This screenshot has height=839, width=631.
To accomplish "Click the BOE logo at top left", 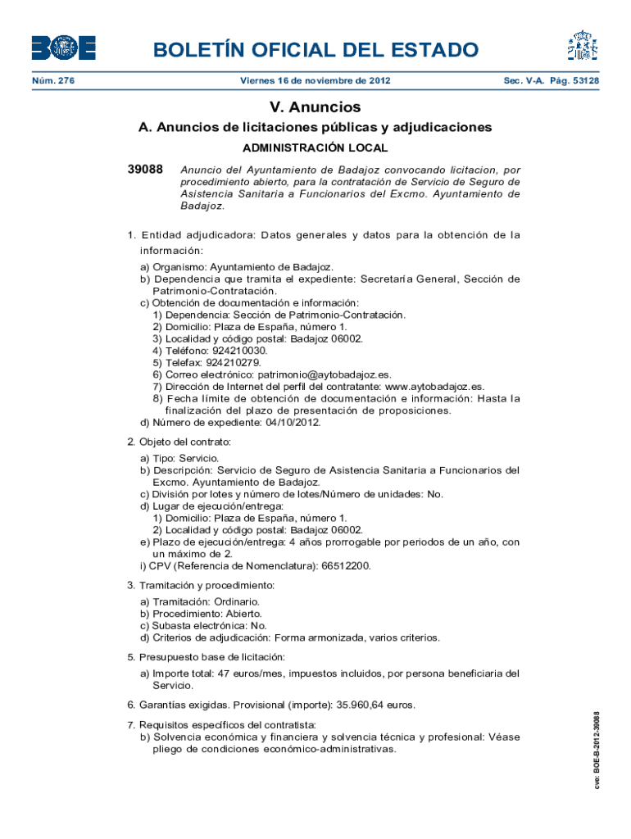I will (64, 48).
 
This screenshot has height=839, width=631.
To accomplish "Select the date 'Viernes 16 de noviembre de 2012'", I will (315, 81).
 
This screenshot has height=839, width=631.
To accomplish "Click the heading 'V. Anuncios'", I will (315, 107).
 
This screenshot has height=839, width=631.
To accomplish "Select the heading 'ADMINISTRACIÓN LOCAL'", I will (315, 148).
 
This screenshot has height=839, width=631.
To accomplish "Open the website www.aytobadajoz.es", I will (434, 387).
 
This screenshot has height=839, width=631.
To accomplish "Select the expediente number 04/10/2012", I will (293, 423).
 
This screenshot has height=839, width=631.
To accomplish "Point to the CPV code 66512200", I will (346, 565).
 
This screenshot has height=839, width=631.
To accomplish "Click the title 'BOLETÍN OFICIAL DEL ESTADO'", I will (315, 50).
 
